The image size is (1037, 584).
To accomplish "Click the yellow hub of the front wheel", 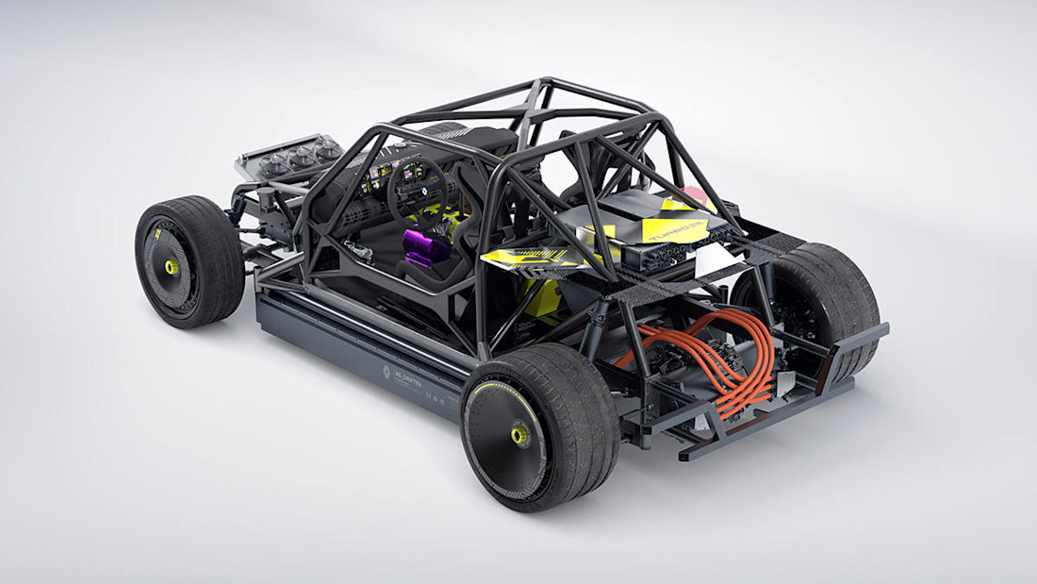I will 172,267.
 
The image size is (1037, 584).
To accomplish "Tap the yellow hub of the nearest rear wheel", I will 519,434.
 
